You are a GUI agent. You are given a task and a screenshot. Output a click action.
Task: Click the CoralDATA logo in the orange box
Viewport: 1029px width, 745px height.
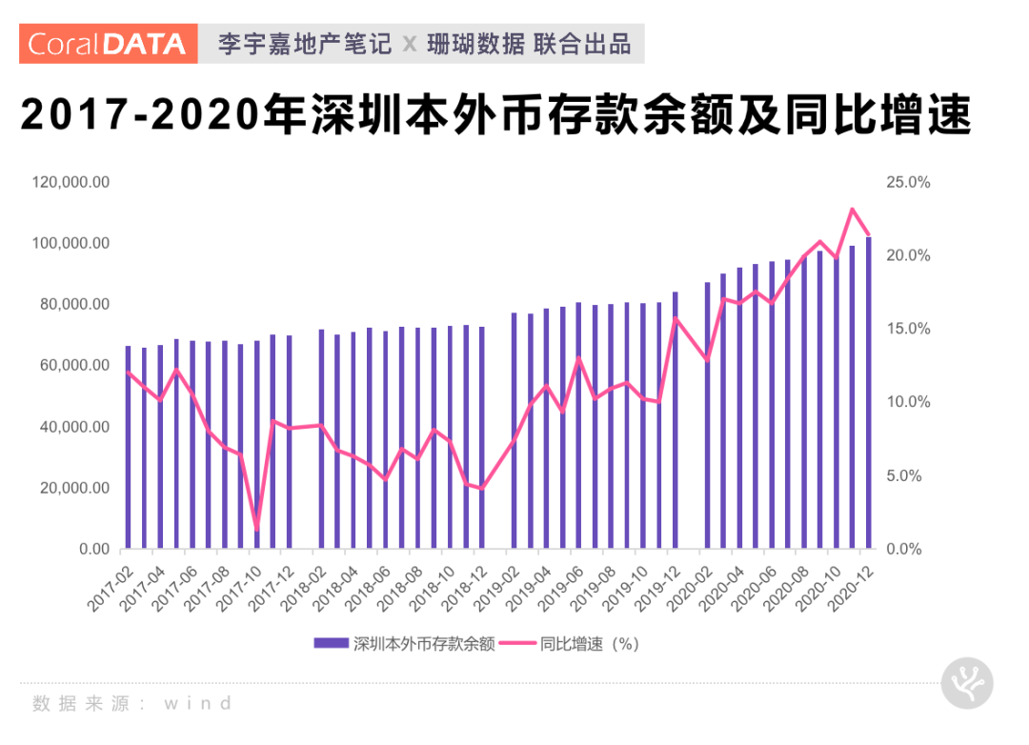tap(108, 44)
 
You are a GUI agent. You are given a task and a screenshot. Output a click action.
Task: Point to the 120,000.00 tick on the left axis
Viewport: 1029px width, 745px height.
tap(71, 182)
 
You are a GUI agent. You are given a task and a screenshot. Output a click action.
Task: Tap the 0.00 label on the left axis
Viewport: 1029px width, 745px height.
tap(91, 549)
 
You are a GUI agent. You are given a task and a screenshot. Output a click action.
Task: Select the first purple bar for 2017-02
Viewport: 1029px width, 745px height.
tap(128, 448)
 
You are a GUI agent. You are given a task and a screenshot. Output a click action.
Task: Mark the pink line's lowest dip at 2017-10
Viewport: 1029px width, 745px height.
tap(256, 528)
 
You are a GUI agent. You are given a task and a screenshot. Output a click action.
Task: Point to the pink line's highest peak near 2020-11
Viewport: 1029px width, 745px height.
tap(853, 209)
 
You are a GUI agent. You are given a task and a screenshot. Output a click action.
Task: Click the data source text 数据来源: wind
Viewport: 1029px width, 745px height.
tap(132, 704)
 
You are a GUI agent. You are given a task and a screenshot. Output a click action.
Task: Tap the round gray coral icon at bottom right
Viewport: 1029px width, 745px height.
tap(967, 683)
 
